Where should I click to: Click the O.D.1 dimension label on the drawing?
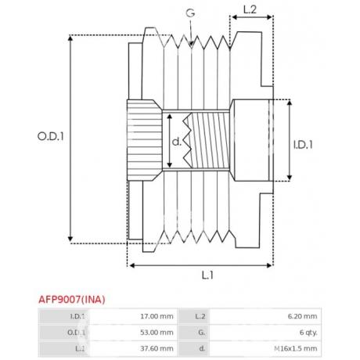tap(51, 136)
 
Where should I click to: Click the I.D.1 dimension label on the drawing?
tap(303, 145)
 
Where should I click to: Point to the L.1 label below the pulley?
tap(207, 275)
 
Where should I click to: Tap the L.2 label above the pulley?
tap(250, 9)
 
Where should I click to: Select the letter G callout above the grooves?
tap(190, 13)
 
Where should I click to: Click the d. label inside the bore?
tap(177, 142)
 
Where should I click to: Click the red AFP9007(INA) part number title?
tap(72, 300)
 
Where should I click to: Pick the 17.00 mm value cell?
tap(157, 316)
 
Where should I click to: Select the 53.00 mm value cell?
tap(157, 333)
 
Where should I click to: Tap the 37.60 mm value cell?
tap(157, 348)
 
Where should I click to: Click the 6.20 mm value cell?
tap(303, 316)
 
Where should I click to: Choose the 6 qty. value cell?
tap(308, 333)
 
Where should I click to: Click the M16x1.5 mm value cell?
tap(296, 348)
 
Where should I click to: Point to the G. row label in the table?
tap(201, 333)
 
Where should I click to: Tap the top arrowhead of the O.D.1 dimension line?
tap(70, 38)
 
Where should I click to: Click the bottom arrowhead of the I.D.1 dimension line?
tap(290, 178)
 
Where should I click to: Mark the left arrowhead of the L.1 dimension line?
tap(132, 265)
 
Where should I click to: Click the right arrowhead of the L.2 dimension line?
tap(270, 17)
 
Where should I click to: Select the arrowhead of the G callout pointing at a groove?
tap(191, 44)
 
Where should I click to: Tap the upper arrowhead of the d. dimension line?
tap(170, 117)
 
